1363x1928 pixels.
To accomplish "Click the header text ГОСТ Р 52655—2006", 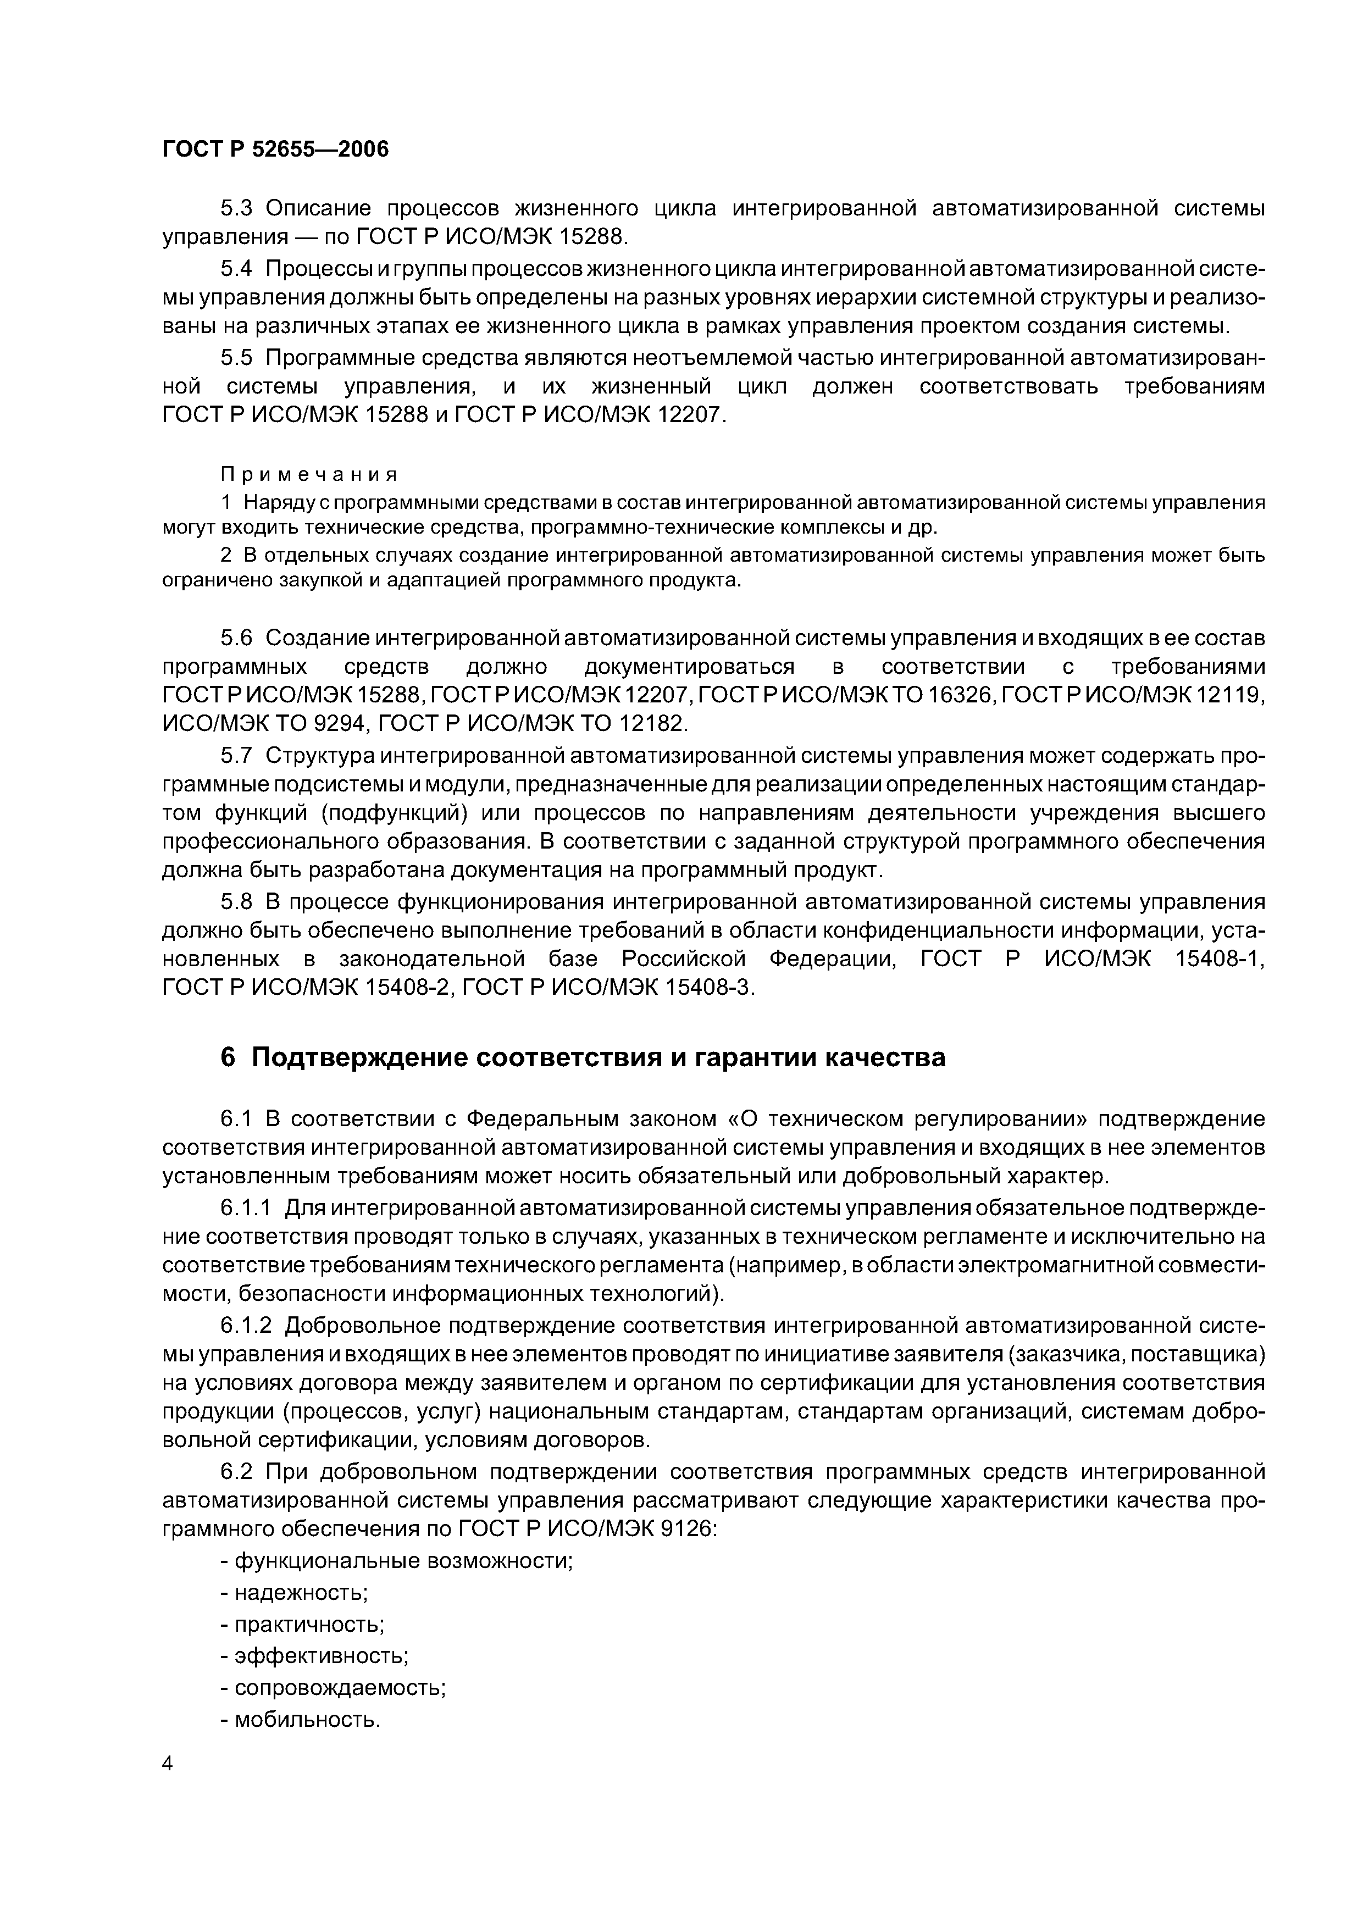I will [x=275, y=149].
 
